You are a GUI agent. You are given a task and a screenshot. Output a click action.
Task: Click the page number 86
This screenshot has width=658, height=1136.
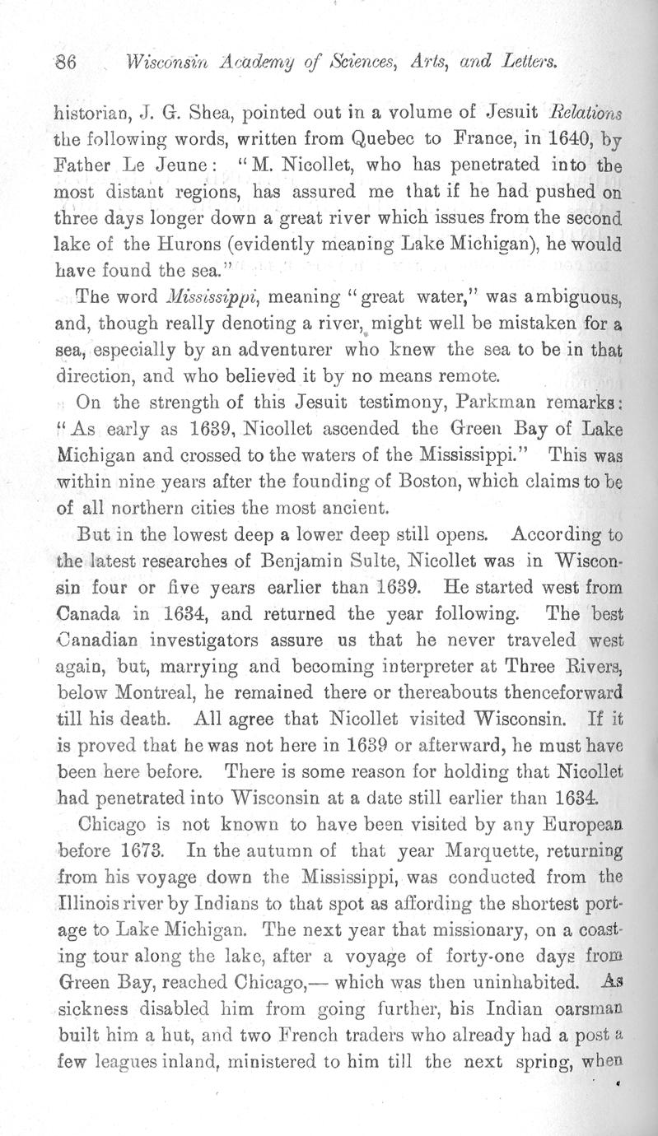click(65, 62)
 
